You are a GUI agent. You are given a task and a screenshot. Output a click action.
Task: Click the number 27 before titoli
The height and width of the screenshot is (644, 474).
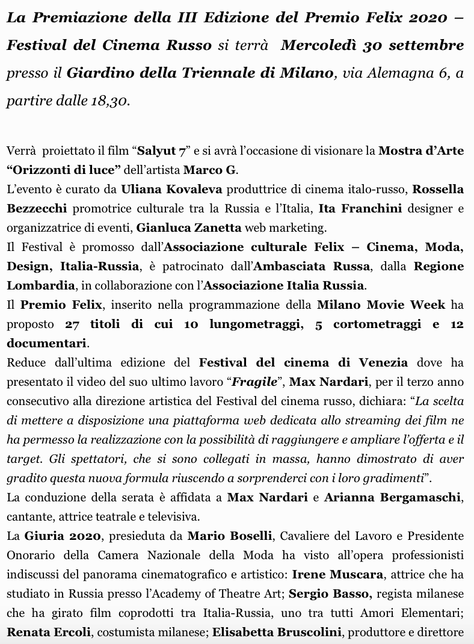click(x=72, y=324)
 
